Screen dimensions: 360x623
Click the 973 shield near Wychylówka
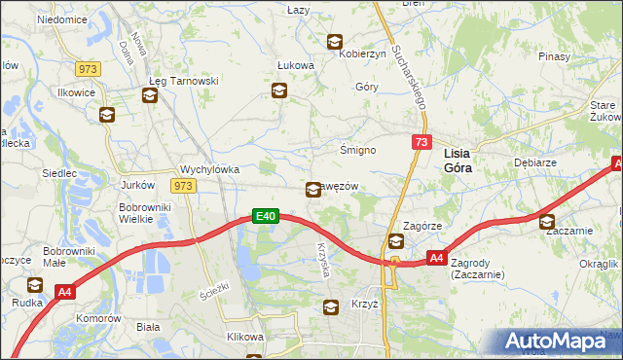[182, 185]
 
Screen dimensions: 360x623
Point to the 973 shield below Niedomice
[89, 68]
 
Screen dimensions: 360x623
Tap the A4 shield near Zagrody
[437, 258]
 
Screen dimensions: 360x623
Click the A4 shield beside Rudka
[65, 290]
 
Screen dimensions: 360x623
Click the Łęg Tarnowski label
[183, 80]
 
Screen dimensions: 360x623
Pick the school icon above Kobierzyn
[335, 42]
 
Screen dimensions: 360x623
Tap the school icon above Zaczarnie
[547, 221]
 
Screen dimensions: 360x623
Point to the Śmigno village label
[356, 150]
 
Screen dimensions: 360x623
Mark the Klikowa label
[245, 337]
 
